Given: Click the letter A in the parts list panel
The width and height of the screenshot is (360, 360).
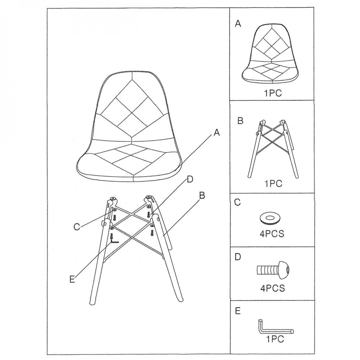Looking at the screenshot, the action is click(x=238, y=23).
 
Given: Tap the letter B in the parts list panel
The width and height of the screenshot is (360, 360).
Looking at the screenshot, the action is click(x=240, y=121).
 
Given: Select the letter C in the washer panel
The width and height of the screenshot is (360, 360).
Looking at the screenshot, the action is click(x=237, y=202).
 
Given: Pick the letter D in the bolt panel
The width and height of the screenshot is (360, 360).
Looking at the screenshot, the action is click(x=238, y=257).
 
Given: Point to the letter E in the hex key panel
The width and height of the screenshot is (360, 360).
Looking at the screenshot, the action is click(x=238, y=311).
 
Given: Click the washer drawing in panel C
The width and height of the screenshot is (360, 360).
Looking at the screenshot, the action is click(x=270, y=219).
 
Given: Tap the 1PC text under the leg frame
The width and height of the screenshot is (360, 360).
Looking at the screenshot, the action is click(x=273, y=184).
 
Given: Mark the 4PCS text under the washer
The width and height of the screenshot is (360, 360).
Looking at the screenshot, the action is click(x=272, y=234).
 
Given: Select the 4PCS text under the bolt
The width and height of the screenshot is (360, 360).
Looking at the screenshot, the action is click(x=273, y=288).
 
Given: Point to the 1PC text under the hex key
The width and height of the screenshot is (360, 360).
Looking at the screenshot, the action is click(x=275, y=339).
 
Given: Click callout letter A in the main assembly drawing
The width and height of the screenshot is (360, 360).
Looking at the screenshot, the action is click(x=216, y=132).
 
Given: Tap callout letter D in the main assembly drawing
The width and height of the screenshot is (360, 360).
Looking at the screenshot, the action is click(x=190, y=179).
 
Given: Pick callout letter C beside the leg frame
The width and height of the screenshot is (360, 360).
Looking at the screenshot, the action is click(x=77, y=227).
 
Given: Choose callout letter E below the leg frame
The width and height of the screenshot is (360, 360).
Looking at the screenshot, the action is click(x=72, y=279).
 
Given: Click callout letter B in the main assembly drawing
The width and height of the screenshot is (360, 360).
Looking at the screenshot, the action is click(x=202, y=195).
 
